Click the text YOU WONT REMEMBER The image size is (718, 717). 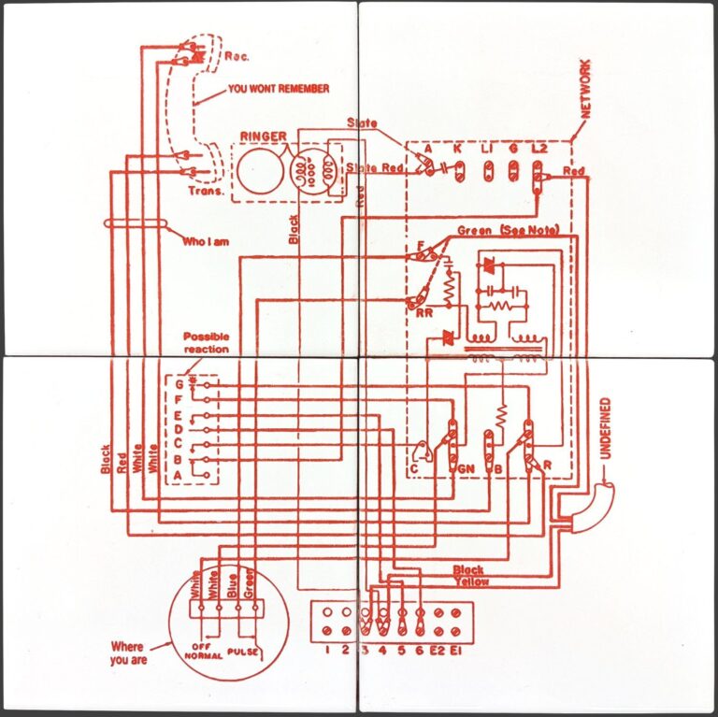[x=279, y=90]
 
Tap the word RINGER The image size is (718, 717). [x=263, y=136]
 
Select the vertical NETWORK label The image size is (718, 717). [x=586, y=88]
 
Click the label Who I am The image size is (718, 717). [x=206, y=241]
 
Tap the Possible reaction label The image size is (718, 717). [x=206, y=342]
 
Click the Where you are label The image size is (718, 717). [x=127, y=652]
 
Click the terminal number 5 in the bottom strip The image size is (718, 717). [x=401, y=649]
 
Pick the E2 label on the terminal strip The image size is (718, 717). [x=437, y=649]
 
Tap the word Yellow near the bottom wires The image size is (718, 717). [x=471, y=581]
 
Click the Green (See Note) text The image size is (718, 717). [x=505, y=230]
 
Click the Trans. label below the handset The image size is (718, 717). [x=206, y=192]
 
